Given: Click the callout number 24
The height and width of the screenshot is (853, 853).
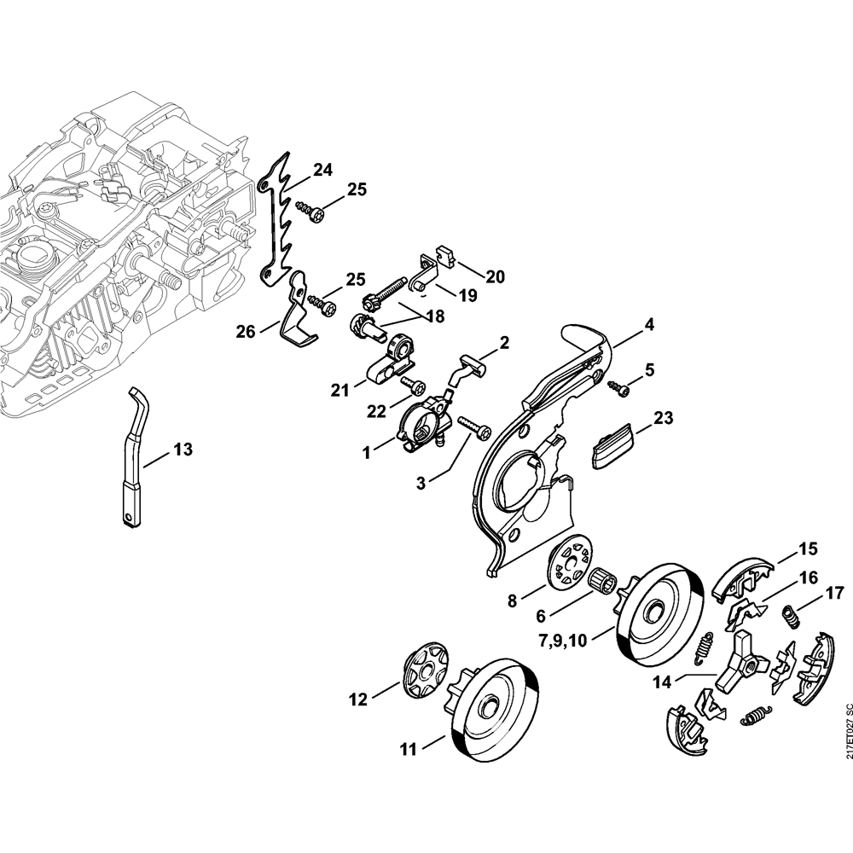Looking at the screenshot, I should click(x=322, y=171).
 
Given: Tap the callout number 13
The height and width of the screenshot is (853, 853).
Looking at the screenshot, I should click(x=183, y=450).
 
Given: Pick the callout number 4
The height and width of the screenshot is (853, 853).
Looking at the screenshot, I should click(x=649, y=325).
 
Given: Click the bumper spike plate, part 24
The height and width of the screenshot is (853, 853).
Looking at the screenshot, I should click(x=275, y=222).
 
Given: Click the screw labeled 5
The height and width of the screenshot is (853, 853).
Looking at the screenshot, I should click(x=619, y=388).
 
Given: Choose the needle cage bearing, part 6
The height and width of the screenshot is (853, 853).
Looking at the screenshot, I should click(x=601, y=583).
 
